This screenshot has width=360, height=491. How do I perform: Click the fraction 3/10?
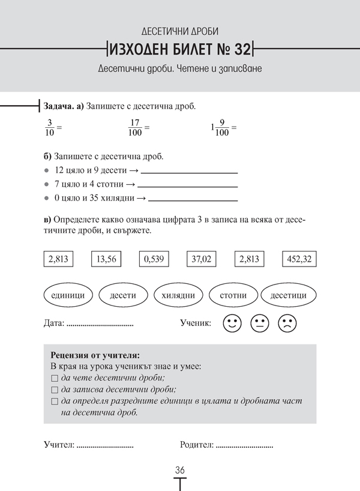pos(50,128)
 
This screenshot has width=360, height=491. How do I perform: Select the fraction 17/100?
pos(134,128)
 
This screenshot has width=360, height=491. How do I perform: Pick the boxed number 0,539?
pos(154,259)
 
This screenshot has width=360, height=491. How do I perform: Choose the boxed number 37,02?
pos(202,259)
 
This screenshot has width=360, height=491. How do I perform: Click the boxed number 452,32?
pos(299,259)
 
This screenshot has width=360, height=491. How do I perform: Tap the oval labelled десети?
pos(122,295)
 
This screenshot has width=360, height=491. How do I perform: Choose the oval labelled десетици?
pos(289,295)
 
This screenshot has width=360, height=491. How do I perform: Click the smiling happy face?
pos(231,324)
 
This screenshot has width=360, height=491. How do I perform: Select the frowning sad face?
pos(287,324)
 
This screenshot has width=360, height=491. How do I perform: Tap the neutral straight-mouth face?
pos(259,324)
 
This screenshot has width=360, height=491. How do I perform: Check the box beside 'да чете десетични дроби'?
pos(55,378)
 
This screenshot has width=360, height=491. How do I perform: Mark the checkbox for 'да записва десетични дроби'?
pos(55,390)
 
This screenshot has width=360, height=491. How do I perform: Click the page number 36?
pos(179,470)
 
